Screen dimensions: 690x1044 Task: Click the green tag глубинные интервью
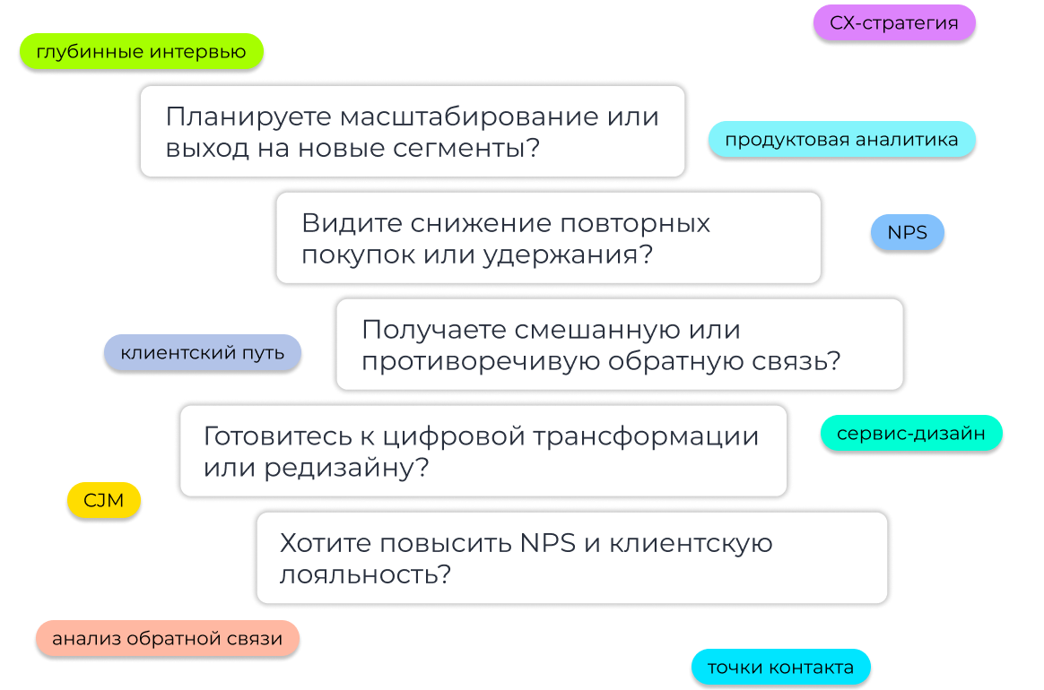[141, 52]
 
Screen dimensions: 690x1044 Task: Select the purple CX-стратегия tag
[893, 23]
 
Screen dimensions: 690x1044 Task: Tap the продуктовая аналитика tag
[841, 140]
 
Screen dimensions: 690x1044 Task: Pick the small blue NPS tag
[907, 233]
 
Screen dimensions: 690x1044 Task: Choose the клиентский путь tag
[202, 353]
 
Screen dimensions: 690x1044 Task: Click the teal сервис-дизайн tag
[910, 435]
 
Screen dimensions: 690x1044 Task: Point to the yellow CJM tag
[103, 501]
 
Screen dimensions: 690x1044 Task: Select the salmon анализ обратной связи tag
[167, 639]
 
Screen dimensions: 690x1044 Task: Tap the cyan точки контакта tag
[780, 668]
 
